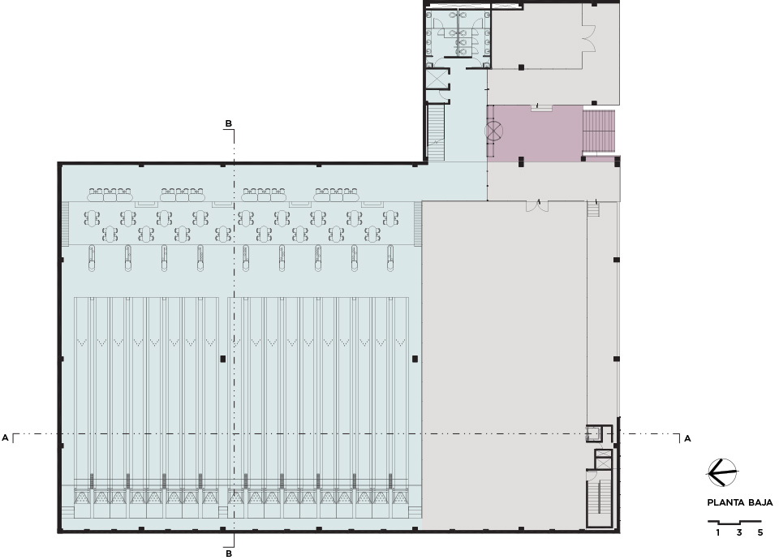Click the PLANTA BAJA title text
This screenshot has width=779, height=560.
740,502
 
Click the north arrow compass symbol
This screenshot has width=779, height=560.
722,472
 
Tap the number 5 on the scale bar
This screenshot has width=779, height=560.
760,532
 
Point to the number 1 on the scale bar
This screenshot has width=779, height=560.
718,532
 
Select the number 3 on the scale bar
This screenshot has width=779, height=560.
738,532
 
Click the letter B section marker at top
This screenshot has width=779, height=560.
228,123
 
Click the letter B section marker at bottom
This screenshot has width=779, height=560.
229,553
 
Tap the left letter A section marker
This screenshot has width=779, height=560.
6,437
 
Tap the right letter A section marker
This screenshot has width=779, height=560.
687,438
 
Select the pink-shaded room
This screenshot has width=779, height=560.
535,133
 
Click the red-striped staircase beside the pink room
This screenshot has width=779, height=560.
599,131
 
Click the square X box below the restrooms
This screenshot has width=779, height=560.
437,79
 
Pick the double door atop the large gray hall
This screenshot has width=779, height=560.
537,205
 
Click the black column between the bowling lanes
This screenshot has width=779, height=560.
223,358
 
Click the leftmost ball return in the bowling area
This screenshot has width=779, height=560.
92,258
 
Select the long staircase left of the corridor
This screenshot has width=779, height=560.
436,132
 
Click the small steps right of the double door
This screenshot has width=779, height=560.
594,209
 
